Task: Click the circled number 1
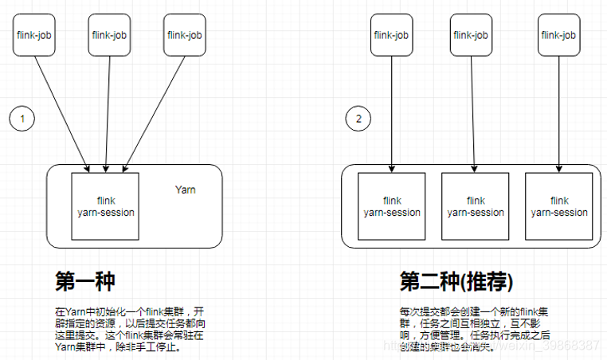coord(22,119)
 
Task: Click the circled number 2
coord(358,119)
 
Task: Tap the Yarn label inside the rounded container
coord(185,190)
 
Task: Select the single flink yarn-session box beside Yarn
coord(106,205)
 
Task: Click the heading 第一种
coord(85,282)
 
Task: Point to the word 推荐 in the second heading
coord(486,282)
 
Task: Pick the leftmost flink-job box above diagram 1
coord(34,35)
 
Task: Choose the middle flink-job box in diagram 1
coord(108,35)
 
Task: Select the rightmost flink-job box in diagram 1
coord(183,35)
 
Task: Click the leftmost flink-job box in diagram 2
coord(391,35)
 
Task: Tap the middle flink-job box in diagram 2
coord(472,35)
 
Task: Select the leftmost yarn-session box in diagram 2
coord(392,205)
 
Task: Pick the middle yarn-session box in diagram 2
coord(476,205)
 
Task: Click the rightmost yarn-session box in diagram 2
coord(559,205)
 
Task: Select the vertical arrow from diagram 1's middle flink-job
coord(108,112)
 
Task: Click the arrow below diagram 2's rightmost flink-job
coord(560,112)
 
